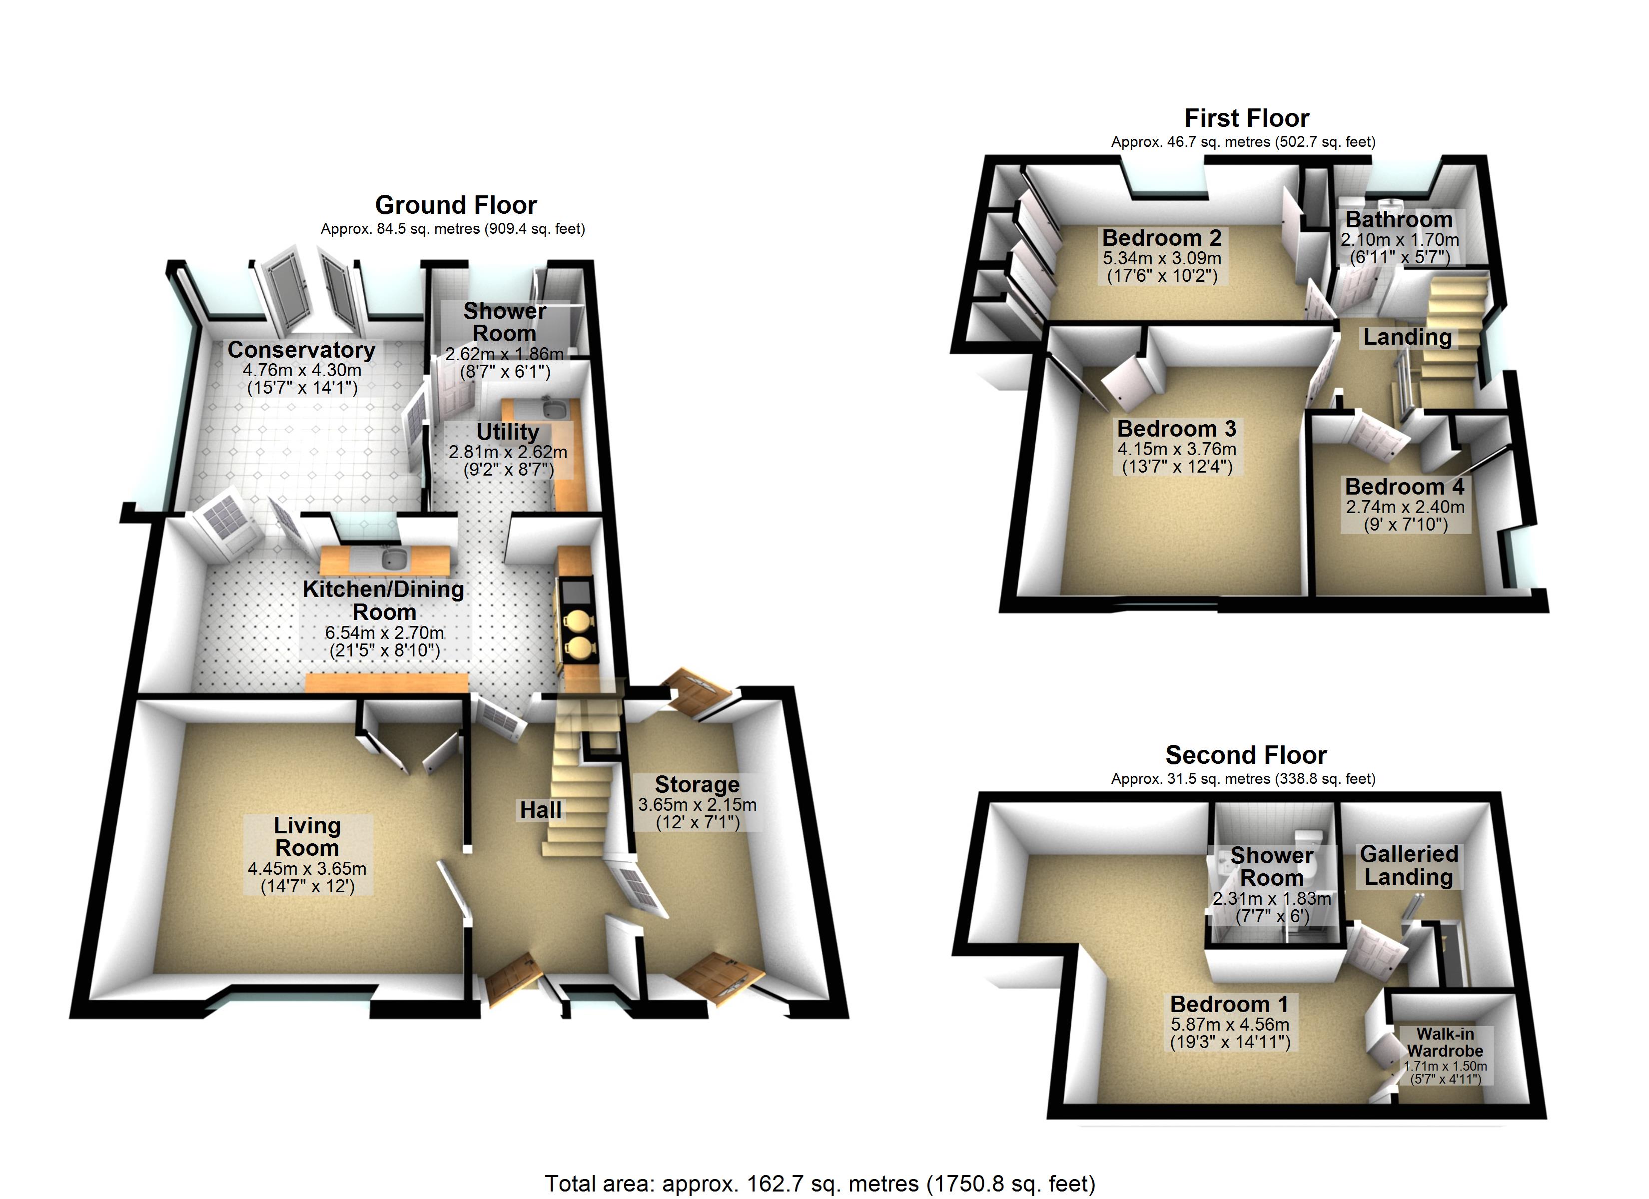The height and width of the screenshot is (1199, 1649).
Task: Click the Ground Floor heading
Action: click(456, 205)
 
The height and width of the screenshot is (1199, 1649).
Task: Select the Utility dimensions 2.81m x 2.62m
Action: click(508, 452)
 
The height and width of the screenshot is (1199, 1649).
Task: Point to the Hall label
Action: click(540, 810)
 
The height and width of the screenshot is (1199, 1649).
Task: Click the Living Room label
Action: click(307, 836)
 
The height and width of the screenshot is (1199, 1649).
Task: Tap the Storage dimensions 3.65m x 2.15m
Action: click(697, 805)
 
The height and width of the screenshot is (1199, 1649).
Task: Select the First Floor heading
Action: click(1246, 118)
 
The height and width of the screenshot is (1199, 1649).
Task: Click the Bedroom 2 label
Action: click(1161, 238)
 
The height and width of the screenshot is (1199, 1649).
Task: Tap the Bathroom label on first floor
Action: click(1398, 220)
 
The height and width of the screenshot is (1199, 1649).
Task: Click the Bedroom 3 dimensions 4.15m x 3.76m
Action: click(1176, 449)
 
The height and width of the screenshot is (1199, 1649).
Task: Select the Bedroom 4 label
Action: click(1404, 487)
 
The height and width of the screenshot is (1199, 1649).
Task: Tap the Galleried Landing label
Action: click(1408, 865)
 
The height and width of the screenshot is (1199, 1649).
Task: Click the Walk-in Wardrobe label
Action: click(1445, 1042)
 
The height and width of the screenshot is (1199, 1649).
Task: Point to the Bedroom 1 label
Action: click(1229, 1004)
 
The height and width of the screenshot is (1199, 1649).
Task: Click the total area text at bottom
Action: click(820, 1183)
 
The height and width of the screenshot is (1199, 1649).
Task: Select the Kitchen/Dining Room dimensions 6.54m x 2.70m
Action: click(384, 632)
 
